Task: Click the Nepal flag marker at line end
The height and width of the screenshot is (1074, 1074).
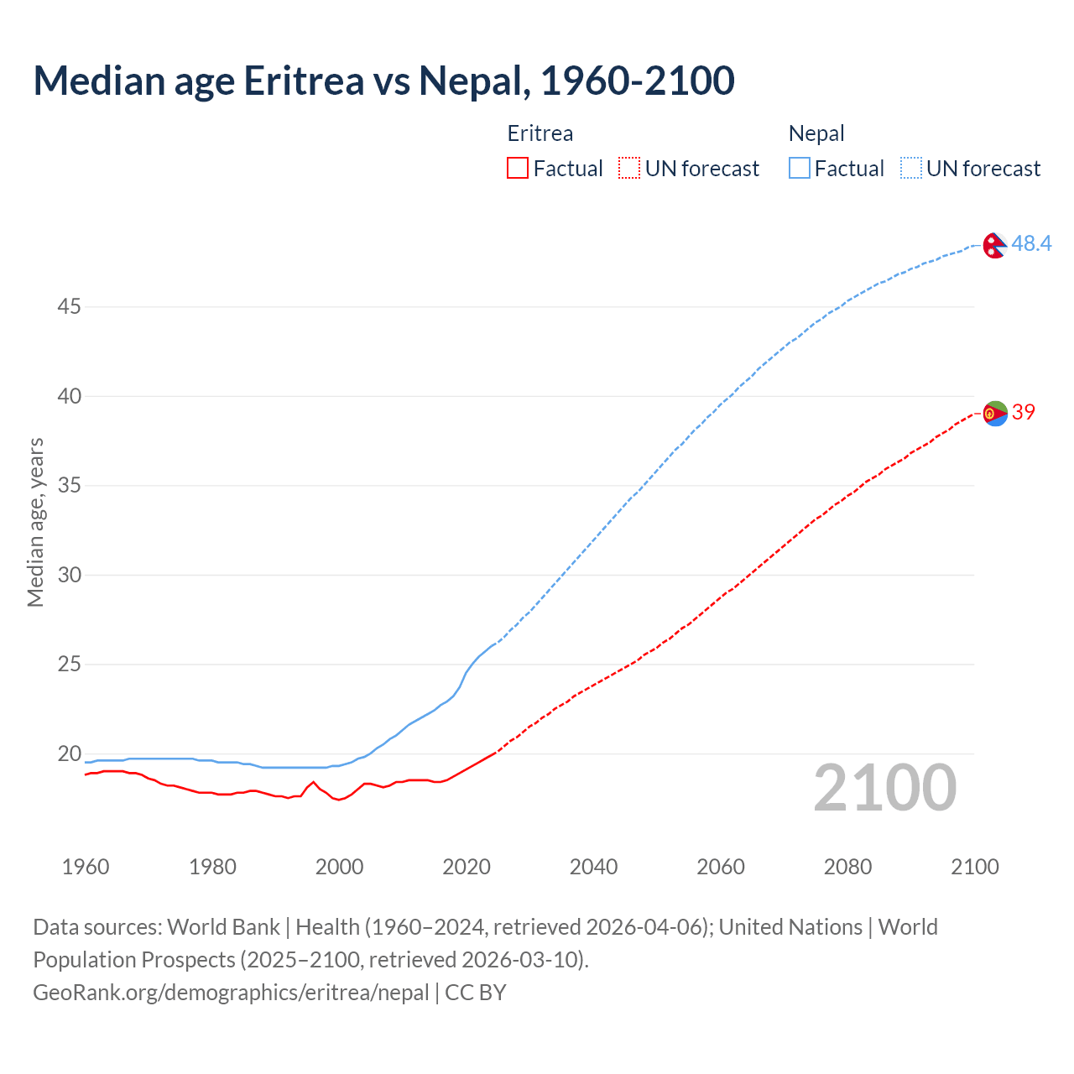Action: click(x=995, y=245)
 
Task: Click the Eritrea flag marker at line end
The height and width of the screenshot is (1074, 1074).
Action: click(x=995, y=413)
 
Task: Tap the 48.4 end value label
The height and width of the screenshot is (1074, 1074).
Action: click(x=1031, y=243)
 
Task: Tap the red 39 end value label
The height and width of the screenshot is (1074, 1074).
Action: click(x=1023, y=412)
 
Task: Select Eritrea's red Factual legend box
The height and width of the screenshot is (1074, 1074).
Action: click(x=518, y=169)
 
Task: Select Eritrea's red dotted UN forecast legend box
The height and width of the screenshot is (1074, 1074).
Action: click(x=629, y=169)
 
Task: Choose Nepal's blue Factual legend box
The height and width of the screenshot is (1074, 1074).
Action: click(x=799, y=169)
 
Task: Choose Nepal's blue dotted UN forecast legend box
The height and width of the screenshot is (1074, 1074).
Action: click(x=910, y=169)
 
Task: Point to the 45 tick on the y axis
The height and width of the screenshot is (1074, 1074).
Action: click(x=69, y=307)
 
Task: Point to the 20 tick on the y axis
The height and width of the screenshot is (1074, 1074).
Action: click(x=69, y=753)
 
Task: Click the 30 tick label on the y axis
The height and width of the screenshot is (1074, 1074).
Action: click(x=69, y=575)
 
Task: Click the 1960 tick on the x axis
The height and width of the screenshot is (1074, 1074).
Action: click(x=86, y=867)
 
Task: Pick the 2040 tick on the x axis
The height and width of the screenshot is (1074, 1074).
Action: click(x=593, y=867)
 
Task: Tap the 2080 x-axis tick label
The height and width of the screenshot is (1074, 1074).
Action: click(x=847, y=867)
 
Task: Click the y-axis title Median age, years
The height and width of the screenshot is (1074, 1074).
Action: click(x=35, y=522)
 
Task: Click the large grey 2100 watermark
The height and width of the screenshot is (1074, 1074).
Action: click(x=884, y=787)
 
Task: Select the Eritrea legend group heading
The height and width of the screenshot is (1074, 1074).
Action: click(x=540, y=133)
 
